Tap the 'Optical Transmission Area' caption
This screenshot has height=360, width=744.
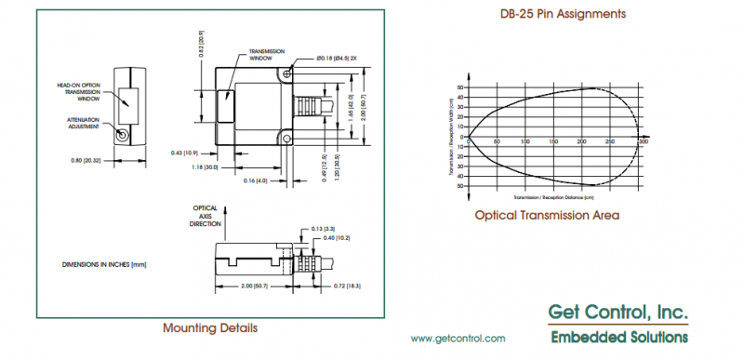tap(547, 215)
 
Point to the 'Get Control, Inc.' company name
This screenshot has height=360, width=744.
tap(617, 312)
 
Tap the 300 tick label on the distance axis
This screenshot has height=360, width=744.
tap(642, 142)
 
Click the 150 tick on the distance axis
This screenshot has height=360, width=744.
tap(554, 142)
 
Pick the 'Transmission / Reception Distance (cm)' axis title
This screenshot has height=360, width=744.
tap(553, 198)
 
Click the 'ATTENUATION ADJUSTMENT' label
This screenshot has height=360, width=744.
tap(83, 124)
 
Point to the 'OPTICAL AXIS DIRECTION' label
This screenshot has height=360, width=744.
tap(206, 216)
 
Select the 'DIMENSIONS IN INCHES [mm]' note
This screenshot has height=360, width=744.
tap(104, 264)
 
